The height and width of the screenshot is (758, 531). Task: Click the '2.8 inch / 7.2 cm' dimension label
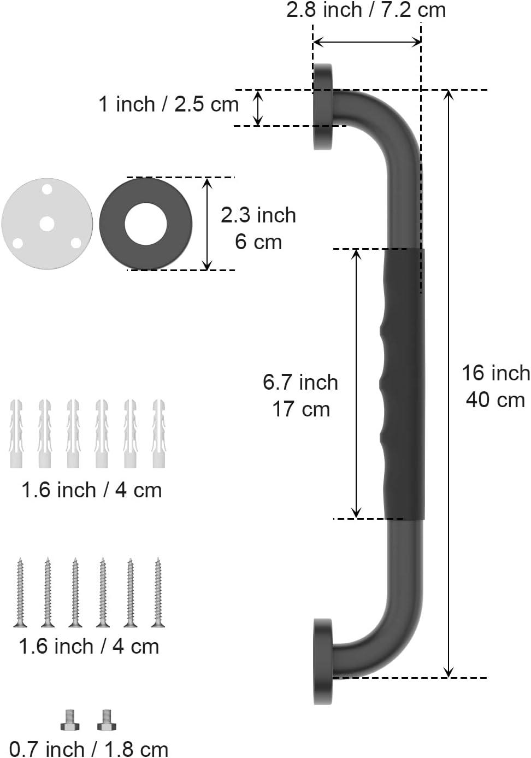click(366, 10)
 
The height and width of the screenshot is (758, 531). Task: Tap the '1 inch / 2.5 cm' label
click(168, 104)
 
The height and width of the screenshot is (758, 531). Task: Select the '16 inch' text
click(495, 373)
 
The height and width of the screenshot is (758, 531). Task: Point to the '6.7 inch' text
click(300, 383)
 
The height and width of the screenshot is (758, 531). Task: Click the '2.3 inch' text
click(258, 215)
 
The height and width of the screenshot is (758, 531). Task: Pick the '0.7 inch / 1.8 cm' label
click(89, 749)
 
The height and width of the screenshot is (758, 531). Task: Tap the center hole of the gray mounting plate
click(47, 224)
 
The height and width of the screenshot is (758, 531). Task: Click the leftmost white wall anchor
click(16, 433)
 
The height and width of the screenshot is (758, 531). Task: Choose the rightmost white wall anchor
click(158, 433)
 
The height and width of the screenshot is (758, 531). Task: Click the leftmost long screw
click(20, 592)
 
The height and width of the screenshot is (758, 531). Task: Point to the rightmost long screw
click(158, 592)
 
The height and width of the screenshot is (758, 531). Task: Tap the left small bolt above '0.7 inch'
click(70, 720)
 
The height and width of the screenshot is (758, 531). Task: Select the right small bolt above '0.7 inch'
click(107, 720)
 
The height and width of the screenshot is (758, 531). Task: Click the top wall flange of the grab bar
click(323, 107)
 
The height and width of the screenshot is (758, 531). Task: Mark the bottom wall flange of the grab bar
click(323, 661)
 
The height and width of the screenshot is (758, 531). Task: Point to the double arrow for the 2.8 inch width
click(367, 42)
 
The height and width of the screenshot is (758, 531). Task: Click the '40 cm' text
click(495, 400)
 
